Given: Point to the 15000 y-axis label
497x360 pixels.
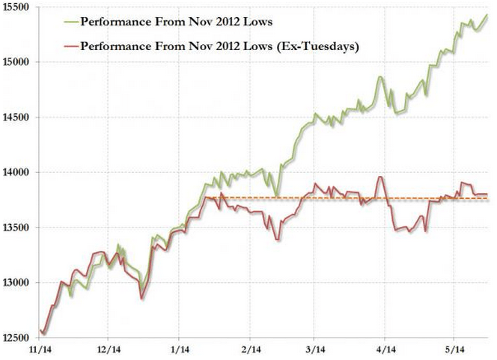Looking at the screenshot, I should [15, 62].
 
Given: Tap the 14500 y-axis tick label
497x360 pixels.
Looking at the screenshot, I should [15, 118].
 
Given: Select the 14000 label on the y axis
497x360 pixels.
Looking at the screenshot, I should [15, 172].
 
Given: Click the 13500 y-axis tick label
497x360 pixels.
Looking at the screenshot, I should [15, 228].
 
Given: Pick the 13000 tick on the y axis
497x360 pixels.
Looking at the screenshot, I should [15, 283].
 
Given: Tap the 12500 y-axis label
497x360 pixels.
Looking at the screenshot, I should [15, 338].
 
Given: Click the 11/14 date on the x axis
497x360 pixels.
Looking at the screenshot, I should [40, 350].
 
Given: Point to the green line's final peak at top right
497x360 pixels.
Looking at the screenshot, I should [487, 15].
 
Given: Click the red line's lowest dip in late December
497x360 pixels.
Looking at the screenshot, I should [141, 299].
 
